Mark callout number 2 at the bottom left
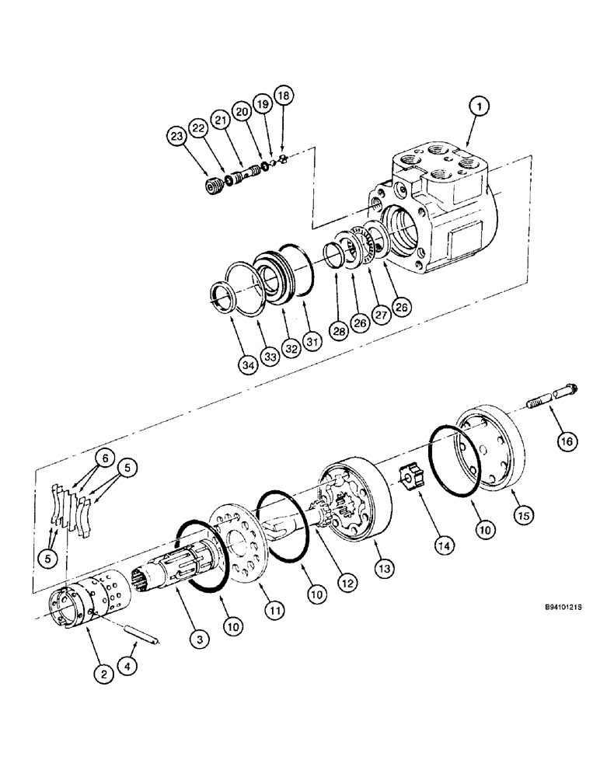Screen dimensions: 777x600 (x=101, y=674)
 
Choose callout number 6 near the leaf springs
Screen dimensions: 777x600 (x=102, y=458)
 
